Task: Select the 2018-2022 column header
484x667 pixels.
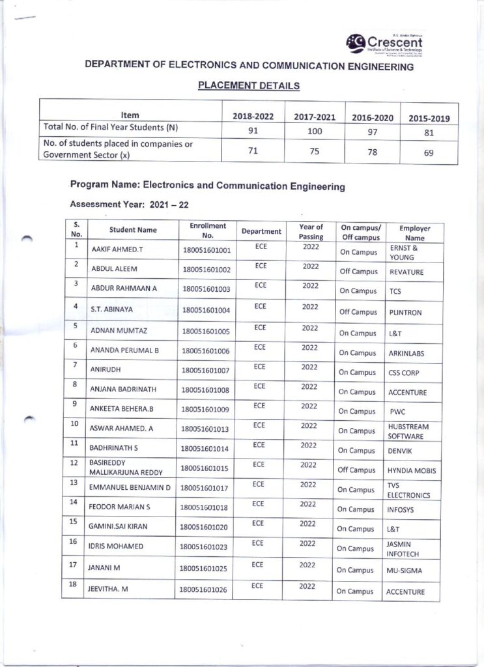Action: click(x=253, y=117)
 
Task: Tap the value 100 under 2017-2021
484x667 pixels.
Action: click(x=314, y=130)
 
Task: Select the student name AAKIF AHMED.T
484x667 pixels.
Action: click(x=115, y=249)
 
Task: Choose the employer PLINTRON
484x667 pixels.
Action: click(x=405, y=313)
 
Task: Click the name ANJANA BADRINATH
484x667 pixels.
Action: click(x=123, y=390)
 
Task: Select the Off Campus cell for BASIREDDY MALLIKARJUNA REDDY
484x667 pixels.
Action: click(x=357, y=470)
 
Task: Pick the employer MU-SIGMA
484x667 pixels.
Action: click(x=405, y=571)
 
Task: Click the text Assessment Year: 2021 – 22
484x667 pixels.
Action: click(x=129, y=205)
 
